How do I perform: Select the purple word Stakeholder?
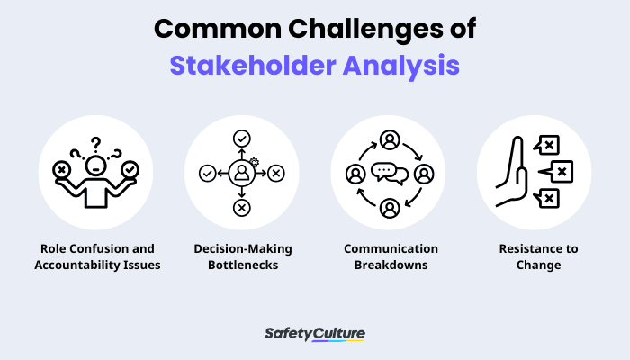click(253, 66)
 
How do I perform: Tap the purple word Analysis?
click(401, 67)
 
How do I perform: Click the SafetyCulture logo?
click(315, 334)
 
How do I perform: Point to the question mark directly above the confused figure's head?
click(95, 144)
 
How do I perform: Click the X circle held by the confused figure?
click(61, 170)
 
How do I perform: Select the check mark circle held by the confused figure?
click(130, 170)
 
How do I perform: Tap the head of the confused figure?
click(95, 166)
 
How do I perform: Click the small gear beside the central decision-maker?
click(254, 162)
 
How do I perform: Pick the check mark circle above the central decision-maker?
click(242, 139)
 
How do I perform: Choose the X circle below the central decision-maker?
click(242, 208)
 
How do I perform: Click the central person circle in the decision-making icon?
click(242, 174)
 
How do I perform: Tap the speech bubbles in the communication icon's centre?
click(390, 174)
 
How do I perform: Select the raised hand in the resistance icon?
click(511, 172)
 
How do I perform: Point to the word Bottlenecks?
click(243, 265)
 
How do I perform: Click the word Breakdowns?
click(391, 265)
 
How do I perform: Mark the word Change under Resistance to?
click(538, 265)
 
